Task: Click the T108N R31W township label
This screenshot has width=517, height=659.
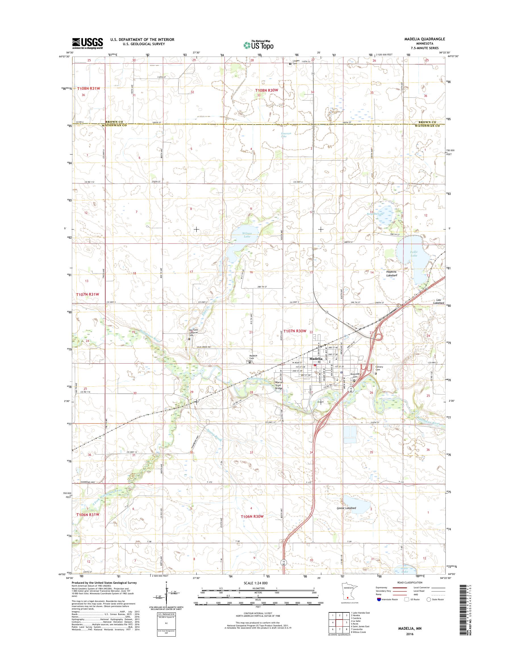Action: pos(88,88)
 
